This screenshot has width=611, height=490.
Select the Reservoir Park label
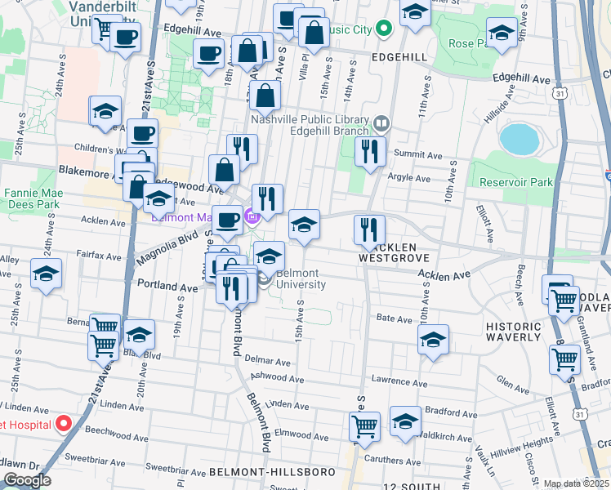516,182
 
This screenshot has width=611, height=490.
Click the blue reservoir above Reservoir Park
520,139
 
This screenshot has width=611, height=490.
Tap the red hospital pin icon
63,425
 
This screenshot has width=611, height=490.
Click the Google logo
27,480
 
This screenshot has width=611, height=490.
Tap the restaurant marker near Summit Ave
370,151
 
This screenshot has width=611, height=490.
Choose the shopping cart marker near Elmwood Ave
364,425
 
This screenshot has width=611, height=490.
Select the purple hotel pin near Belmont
252,217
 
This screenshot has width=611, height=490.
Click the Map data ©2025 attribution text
576,483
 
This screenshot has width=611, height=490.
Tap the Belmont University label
301,279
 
